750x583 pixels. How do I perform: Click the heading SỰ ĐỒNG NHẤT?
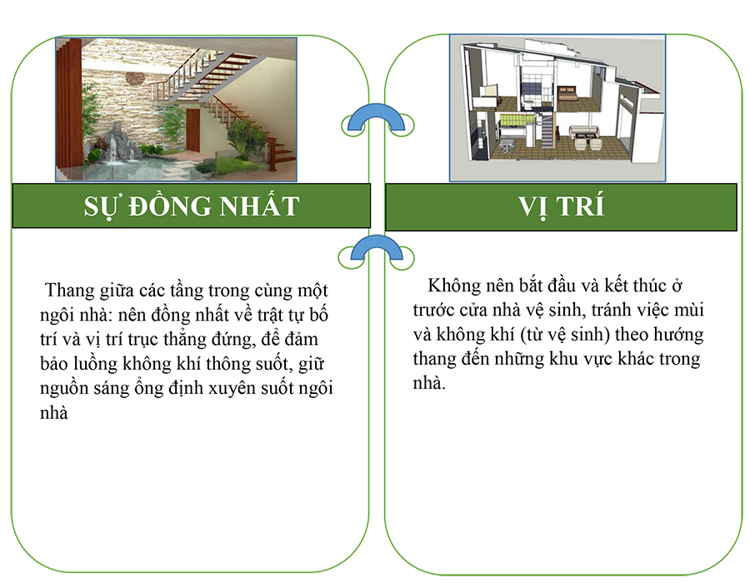[x=192, y=207]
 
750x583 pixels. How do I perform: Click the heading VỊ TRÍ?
[x=561, y=207]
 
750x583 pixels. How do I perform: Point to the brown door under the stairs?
[x=192, y=130]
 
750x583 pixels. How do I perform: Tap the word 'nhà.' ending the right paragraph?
[x=429, y=383]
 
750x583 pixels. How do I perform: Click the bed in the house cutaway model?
[x=567, y=92]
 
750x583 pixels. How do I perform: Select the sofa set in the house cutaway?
[x=584, y=137]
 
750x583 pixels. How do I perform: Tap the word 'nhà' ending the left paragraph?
[x=53, y=413]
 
